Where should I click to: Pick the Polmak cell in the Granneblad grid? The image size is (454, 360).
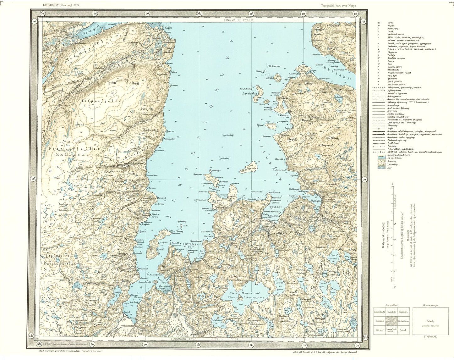pyautogui.click(x=403, y=330)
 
